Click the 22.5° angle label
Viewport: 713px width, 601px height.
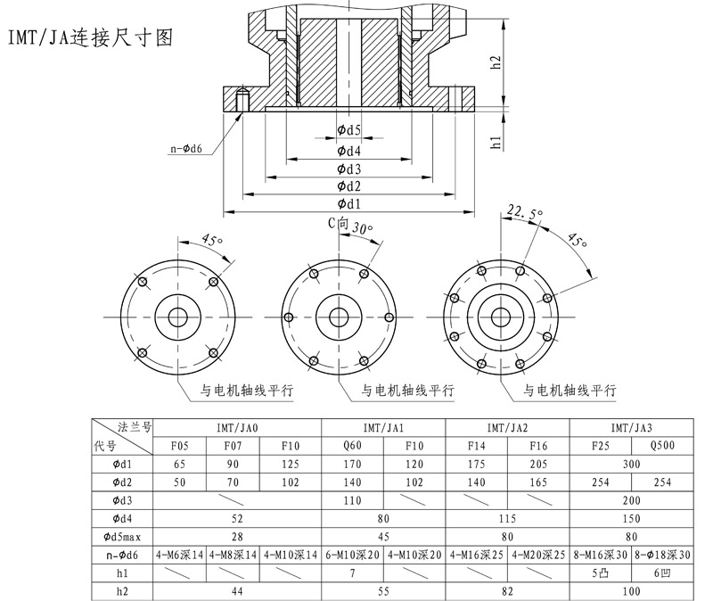[525, 212]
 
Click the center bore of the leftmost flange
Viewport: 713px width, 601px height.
[177, 317]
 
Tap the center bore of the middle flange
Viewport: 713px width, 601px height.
[338, 317]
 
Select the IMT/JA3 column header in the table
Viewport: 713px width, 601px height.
[632, 426]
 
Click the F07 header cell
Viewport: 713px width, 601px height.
[233, 445]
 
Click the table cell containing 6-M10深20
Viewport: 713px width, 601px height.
[352, 555]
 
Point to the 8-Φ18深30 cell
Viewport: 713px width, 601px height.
[662, 555]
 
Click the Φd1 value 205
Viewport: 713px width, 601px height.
[538, 464]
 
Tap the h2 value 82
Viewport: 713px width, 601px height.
[507, 591]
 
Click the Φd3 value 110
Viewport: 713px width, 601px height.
[352, 500]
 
